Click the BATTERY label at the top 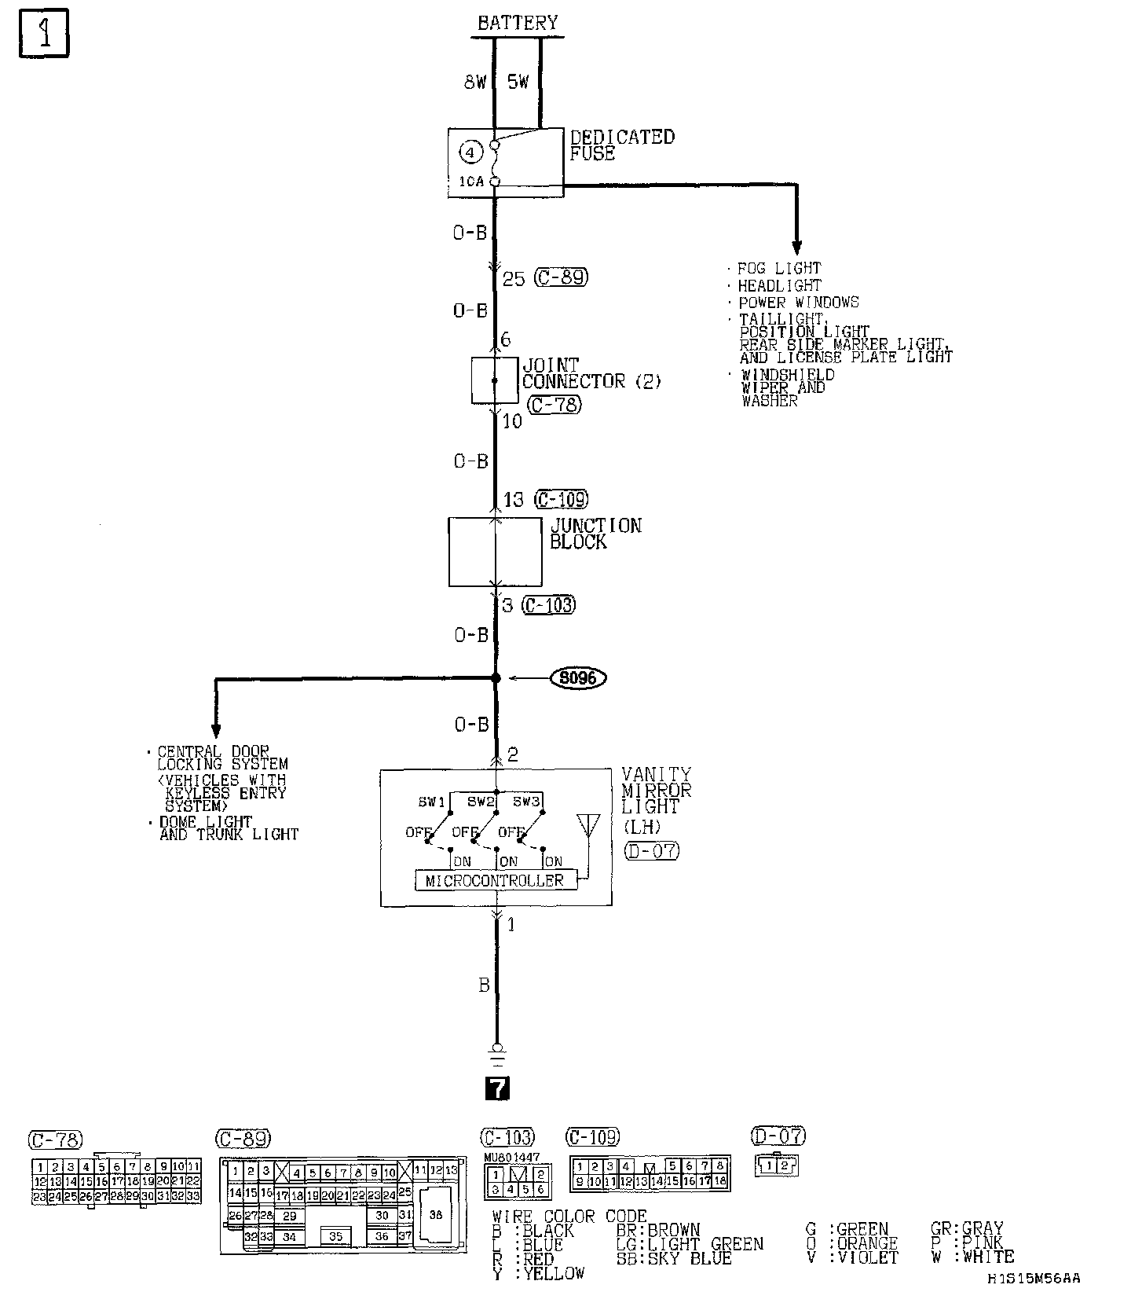[518, 23]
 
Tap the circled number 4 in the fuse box [470, 152]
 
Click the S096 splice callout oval [578, 677]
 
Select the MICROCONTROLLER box [495, 881]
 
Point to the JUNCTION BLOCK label [595, 534]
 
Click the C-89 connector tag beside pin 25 [561, 277]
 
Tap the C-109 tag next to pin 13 [562, 499]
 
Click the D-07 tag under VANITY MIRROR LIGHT [652, 850]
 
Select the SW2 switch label [481, 802]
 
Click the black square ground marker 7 [498, 1088]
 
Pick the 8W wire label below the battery [475, 82]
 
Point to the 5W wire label [518, 82]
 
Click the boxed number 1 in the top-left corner [44, 33]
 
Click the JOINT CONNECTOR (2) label [591, 373]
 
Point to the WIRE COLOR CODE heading [569, 1217]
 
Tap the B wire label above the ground [484, 985]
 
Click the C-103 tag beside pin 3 [549, 605]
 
